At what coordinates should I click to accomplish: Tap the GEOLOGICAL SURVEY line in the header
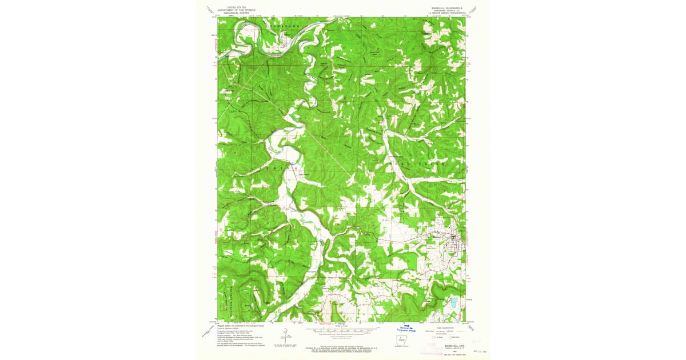[240, 13]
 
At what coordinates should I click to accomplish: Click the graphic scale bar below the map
[342, 330]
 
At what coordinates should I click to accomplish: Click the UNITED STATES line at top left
[240, 7]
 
